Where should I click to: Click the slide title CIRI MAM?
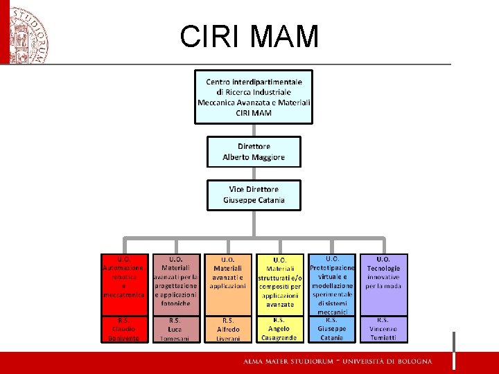pyautogui.click(x=249, y=36)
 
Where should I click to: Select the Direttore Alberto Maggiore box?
pyautogui.click(x=254, y=152)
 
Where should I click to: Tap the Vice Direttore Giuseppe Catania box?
pyautogui.click(x=254, y=195)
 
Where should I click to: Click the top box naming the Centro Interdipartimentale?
pyautogui.click(x=254, y=96)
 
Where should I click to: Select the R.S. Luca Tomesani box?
pyautogui.click(x=175, y=329)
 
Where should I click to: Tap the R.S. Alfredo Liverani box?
pyautogui.click(x=228, y=329)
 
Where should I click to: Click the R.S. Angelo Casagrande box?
pyautogui.click(x=280, y=329)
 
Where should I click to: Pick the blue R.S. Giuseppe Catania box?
pyautogui.click(x=331, y=329)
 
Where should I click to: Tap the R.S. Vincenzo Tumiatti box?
pyautogui.click(x=383, y=329)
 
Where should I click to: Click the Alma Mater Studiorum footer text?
pyautogui.click(x=337, y=362)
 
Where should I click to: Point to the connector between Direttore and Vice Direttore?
pyautogui.click(x=254, y=174)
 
